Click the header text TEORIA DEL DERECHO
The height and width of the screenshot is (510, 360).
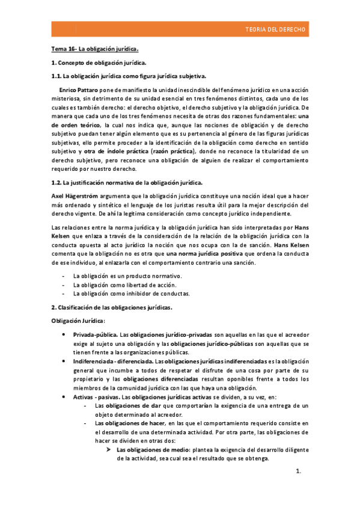click(x=276, y=29)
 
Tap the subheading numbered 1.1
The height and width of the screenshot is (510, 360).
click(x=128, y=76)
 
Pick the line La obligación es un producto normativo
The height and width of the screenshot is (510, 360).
click(x=127, y=275)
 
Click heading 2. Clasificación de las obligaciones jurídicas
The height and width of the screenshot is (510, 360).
click(x=111, y=307)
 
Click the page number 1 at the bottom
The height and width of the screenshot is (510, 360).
click(x=297, y=488)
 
